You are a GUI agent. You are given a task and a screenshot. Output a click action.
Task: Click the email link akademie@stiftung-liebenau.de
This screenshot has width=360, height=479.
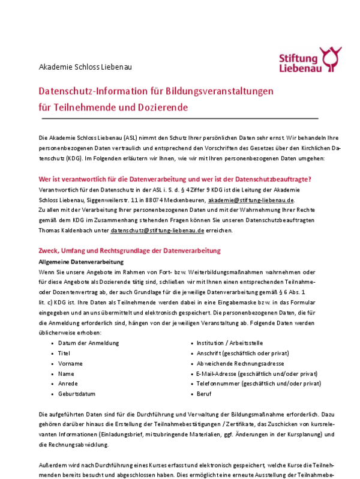pyautogui.click(x=251, y=199)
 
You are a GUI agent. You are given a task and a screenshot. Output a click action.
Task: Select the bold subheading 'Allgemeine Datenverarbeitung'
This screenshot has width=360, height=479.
pyautogui.click(x=81, y=262)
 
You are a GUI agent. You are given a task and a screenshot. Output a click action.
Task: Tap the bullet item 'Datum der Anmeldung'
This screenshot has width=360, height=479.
pyautogui.click(x=88, y=343)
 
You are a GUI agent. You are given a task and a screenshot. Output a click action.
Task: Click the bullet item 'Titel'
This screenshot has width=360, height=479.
pyautogui.click(x=64, y=353)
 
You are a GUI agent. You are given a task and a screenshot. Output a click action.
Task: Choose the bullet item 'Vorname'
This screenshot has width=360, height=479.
pyautogui.click(x=70, y=363)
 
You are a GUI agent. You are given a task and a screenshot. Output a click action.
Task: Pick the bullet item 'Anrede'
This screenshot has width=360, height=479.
pyautogui.click(x=68, y=384)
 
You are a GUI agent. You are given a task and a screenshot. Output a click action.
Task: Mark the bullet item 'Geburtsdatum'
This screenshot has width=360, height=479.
pyautogui.click(x=77, y=394)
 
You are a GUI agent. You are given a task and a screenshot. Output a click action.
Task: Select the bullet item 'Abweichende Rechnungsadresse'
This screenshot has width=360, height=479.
pyautogui.click(x=240, y=363)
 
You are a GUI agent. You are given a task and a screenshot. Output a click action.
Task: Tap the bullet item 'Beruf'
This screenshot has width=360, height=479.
pyautogui.click(x=204, y=394)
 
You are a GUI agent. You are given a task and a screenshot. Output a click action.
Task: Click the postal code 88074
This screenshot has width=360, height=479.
pyautogui.click(x=139, y=199)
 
